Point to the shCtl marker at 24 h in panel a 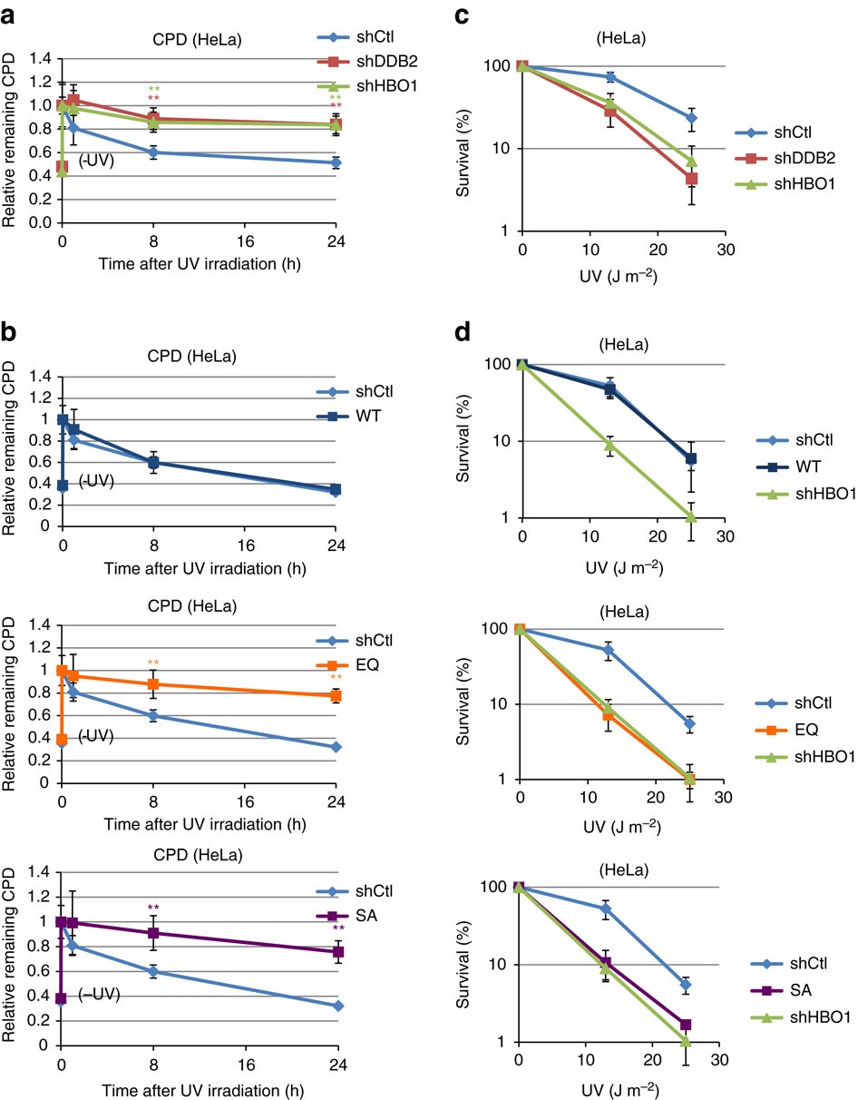pyautogui.click(x=336, y=162)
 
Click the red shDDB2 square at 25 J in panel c pyautogui.click(x=691, y=179)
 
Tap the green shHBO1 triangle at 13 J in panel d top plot pyautogui.click(x=609, y=445)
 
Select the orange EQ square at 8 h pyautogui.click(x=153, y=684)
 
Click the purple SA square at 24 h pyautogui.click(x=336, y=952)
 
